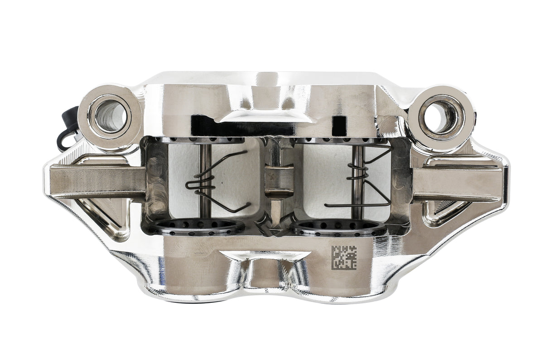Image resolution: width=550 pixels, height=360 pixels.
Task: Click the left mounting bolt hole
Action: [x=110, y=116]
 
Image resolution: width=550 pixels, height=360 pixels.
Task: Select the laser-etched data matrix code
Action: [x=344, y=257]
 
